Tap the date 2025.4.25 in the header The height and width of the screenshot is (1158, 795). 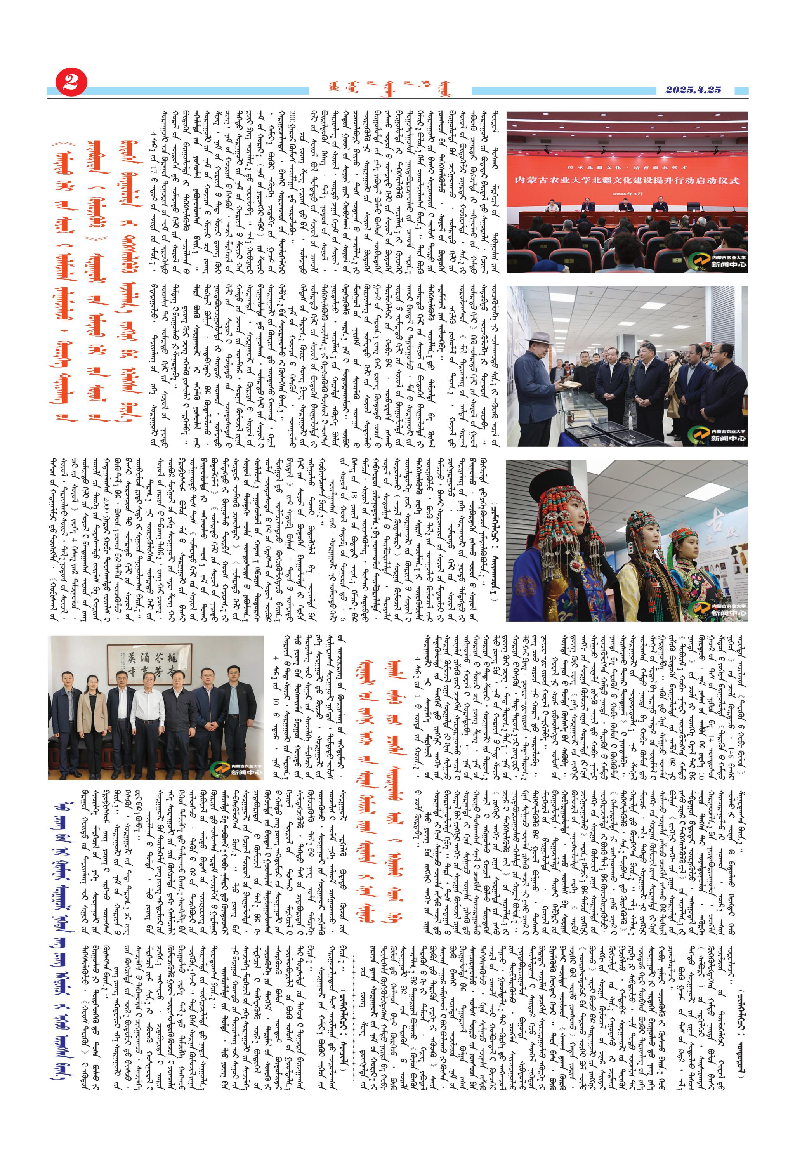693,90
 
